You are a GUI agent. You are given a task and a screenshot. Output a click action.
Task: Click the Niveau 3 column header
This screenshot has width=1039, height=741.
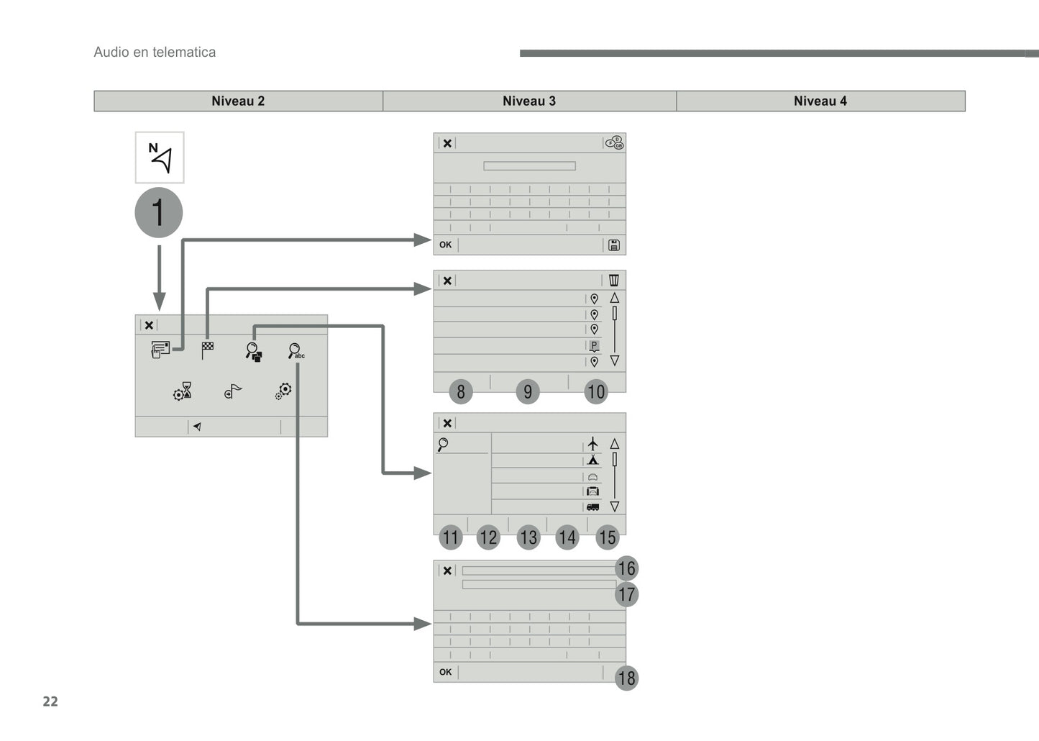click(529, 101)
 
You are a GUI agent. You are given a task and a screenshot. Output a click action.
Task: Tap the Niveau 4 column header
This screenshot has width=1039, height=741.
click(820, 101)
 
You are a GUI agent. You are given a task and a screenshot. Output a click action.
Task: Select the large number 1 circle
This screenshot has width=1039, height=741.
click(159, 212)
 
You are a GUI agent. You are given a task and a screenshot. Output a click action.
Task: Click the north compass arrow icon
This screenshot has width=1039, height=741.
click(160, 158)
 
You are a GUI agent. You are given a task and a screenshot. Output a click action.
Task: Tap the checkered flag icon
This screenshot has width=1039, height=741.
click(207, 350)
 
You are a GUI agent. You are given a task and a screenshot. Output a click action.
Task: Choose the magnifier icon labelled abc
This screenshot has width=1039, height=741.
click(296, 351)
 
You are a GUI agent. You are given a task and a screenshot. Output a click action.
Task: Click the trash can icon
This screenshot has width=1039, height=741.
click(613, 281)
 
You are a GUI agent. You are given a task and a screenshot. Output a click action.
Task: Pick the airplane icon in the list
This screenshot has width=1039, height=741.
click(592, 444)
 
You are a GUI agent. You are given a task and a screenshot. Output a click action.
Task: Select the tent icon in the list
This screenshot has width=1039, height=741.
click(592, 460)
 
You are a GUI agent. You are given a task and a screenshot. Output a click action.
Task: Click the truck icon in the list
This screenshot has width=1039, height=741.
click(592, 507)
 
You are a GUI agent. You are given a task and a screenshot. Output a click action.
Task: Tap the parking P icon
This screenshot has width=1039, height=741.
click(594, 345)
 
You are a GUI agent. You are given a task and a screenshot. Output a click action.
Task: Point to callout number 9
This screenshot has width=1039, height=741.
click(528, 391)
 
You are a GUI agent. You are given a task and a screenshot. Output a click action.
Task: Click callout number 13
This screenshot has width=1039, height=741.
click(528, 537)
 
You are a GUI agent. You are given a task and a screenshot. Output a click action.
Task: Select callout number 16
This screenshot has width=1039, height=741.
click(627, 568)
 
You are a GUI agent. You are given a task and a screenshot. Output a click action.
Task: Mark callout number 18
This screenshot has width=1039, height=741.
click(627, 678)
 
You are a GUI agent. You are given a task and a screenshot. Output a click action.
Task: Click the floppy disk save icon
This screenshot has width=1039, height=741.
click(614, 245)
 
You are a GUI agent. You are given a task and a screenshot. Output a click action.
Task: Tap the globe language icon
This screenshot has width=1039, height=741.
click(615, 142)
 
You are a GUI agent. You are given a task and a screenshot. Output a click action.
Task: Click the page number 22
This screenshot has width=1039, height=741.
click(50, 701)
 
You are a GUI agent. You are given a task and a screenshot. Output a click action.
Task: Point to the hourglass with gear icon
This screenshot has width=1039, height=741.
click(183, 391)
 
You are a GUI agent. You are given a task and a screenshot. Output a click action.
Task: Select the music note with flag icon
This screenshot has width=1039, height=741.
click(232, 391)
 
